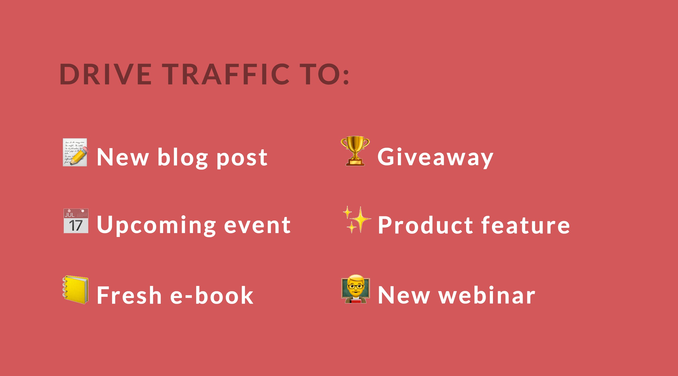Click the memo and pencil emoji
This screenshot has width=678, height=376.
[75, 152]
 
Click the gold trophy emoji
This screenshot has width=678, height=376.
[355, 151]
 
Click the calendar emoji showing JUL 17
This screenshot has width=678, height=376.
[76, 221]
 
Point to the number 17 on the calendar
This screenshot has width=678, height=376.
[76, 225]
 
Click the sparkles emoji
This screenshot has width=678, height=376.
[357, 220]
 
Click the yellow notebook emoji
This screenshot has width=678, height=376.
[75, 290]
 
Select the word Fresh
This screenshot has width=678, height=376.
[129, 295]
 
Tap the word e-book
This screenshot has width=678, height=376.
[212, 295]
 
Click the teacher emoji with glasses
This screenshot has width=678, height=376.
[355, 289]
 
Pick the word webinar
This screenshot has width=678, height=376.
[487, 295]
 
